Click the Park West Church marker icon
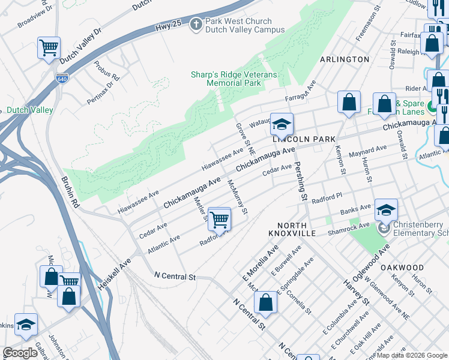point(194,25)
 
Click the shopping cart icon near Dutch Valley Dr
point(48,47)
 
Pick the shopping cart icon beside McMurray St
point(220,219)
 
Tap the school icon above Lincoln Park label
point(281,124)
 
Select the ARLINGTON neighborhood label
point(345,59)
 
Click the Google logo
point(20,353)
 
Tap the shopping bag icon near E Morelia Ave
point(265,304)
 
